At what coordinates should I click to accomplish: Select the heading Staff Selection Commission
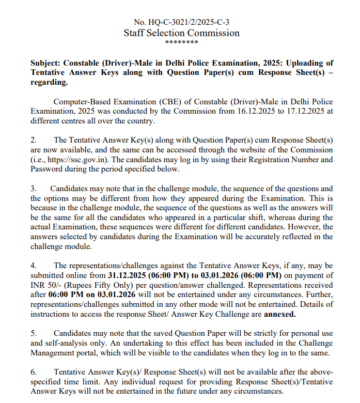click(x=181, y=33)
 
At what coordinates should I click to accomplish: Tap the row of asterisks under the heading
click(x=181, y=43)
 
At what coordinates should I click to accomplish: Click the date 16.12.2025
click(x=263, y=111)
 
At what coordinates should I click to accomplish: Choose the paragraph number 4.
click(x=34, y=265)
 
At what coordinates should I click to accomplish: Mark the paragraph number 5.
click(x=34, y=333)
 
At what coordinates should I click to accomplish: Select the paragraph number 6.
click(x=34, y=372)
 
